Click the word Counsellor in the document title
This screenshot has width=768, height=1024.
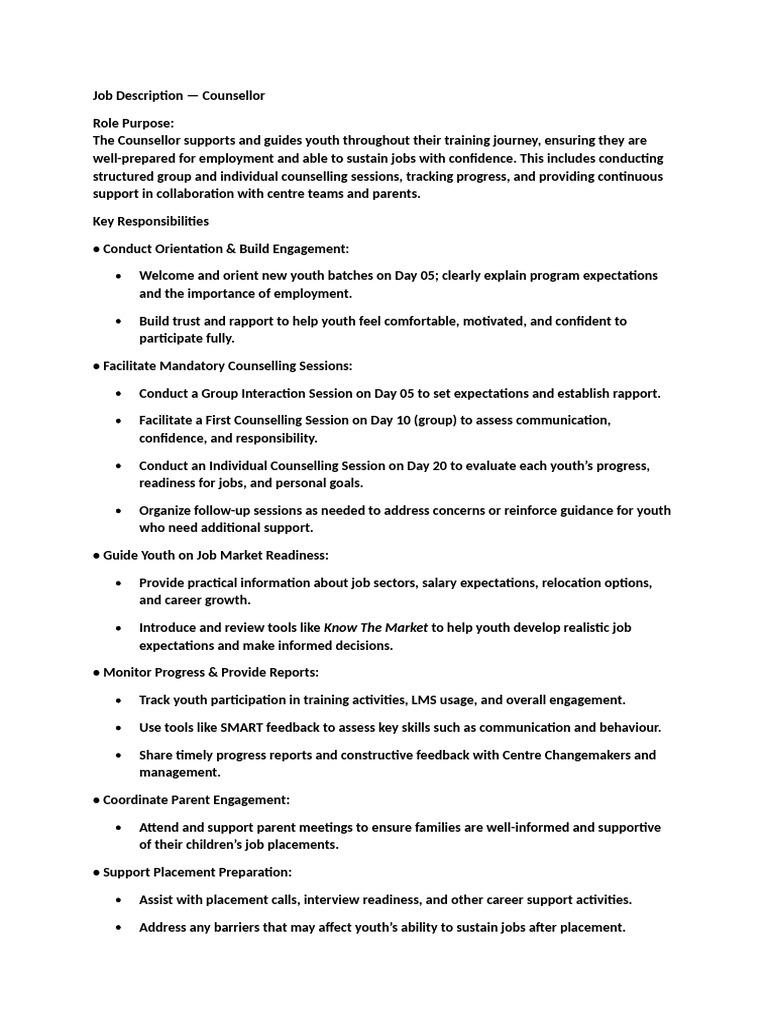(x=233, y=96)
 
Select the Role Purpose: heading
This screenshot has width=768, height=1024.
(x=133, y=123)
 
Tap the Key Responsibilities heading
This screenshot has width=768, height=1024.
(x=151, y=221)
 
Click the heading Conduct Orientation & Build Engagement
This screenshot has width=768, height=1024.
(x=226, y=248)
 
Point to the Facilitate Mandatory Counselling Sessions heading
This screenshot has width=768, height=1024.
(x=227, y=366)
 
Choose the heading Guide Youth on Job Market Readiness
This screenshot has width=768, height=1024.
(x=215, y=555)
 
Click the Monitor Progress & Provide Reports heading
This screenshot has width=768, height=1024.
(x=210, y=672)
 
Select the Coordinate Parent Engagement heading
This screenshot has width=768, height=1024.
(x=196, y=800)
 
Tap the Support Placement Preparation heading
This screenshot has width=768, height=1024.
(x=197, y=872)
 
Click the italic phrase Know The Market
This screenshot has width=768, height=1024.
(x=376, y=628)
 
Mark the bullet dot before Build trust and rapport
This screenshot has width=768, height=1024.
(x=120, y=322)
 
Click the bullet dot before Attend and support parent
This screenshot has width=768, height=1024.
(x=120, y=828)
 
